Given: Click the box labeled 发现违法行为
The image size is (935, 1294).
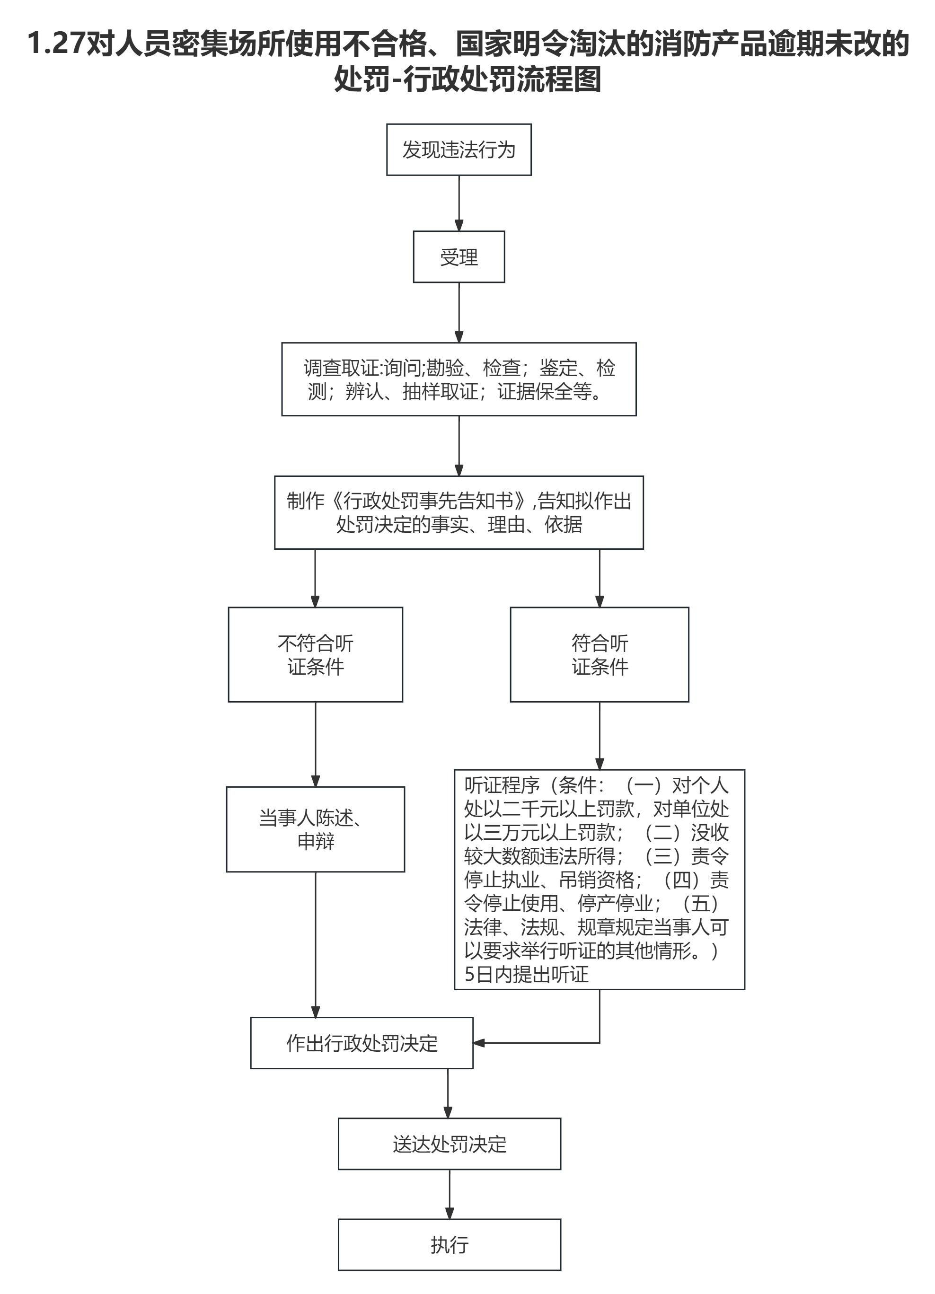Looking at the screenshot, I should point(459,150).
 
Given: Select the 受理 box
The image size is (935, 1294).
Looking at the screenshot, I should point(459,257).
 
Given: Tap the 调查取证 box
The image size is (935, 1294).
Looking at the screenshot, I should point(459,379).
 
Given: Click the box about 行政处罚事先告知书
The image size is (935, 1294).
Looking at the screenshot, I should point(459,512).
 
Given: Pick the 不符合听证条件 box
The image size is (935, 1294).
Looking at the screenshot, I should point(316,654).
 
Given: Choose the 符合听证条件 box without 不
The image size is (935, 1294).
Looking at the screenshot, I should point(599,654).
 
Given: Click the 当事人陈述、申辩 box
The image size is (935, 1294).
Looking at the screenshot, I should point(316,829).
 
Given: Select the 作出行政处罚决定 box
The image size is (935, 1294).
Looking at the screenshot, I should point(362,1043).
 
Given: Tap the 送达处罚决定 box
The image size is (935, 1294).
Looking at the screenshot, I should point(449,1144).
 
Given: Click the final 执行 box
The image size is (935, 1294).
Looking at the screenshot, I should point(449,1245).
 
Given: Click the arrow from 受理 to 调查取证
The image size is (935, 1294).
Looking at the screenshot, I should point(459,312).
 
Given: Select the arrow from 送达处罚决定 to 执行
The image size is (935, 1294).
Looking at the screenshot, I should point(449,1194).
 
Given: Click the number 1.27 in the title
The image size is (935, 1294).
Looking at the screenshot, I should point(56,44).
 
